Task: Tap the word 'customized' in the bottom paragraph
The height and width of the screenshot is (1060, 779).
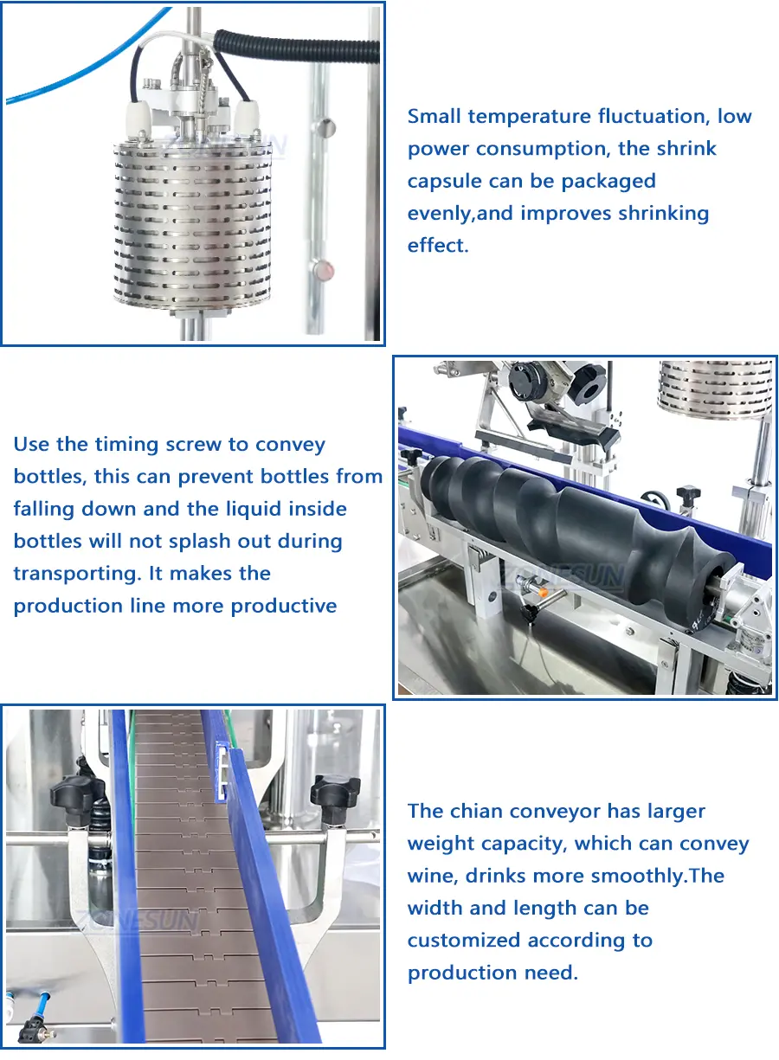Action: [464, 941]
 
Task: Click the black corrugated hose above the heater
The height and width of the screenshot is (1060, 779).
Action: [296, 46]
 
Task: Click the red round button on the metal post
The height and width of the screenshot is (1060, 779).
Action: [324, 270]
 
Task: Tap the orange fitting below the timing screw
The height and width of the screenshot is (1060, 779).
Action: [543, 592]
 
